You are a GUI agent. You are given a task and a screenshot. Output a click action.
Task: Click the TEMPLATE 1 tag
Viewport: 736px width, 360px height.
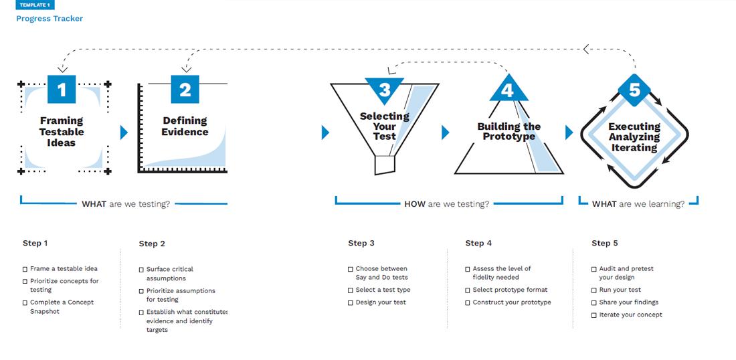tap(35, 5)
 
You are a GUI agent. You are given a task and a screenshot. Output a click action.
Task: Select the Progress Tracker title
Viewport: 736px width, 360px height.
tap(50, 19)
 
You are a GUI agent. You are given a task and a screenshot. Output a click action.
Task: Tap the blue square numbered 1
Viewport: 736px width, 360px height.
tap(62, 90)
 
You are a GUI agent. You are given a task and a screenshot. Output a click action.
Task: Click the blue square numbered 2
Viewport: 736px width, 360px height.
tap(185, 90)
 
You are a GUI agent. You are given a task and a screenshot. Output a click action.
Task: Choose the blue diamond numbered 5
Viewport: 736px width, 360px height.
tap(634, 90)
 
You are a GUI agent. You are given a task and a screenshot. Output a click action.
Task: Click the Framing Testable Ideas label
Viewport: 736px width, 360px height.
tap(62, 132)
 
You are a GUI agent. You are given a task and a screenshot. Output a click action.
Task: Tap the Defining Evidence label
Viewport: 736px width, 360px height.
tap(185, 126)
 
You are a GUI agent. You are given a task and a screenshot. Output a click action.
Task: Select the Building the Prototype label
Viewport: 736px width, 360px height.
tap(509, 131)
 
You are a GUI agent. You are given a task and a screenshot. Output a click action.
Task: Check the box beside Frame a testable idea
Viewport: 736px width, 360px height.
tap(25, 269)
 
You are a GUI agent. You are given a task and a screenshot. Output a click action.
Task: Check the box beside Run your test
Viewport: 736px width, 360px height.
tap(594, 290)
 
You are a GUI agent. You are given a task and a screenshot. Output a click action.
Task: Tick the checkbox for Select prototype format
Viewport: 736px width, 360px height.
tap(468, 290)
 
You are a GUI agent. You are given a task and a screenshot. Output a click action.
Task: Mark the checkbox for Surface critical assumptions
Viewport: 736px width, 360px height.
tap(142, 270)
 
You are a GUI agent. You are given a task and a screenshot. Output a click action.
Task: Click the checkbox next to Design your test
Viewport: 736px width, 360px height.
tap(351, 303)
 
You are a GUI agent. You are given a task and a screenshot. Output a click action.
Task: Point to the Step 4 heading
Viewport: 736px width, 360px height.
tap(478, 243)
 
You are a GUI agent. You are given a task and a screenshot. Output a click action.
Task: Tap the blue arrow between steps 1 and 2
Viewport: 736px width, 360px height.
tap(124, 132)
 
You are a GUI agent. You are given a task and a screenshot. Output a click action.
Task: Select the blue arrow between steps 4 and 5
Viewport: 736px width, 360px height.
tap(569, 132)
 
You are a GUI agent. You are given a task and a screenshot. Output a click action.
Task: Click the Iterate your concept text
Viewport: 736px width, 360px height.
tap(630, 315)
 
